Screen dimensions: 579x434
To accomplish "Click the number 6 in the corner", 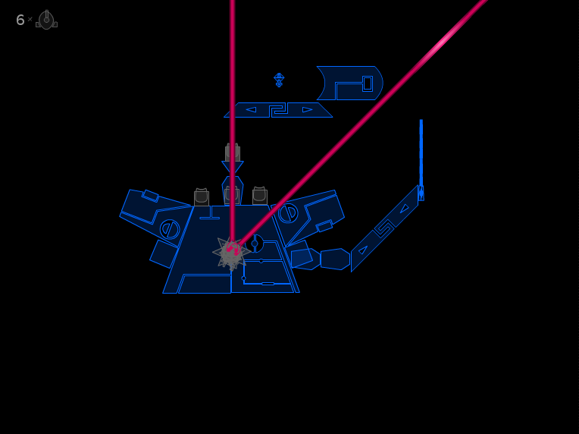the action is point(20,20).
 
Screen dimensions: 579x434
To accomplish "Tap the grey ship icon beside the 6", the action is point(46,20).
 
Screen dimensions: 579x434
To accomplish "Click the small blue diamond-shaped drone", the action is point(279,80).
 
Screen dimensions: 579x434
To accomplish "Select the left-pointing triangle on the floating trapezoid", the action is point(251,109).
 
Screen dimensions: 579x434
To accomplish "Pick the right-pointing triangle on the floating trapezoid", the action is point(307,109).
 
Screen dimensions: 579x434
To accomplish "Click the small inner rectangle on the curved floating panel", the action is point(368,83).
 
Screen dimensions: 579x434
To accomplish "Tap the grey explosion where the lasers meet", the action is point(232,253).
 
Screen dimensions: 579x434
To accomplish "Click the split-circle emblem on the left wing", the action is point(170,229).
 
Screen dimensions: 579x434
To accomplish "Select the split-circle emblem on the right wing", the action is point(288,213).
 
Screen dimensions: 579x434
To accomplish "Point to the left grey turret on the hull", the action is point(202,197).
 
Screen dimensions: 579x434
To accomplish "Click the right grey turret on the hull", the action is point(260,196).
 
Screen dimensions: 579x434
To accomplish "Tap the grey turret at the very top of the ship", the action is point(233,153).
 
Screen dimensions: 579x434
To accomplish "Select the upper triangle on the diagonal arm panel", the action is point(404,209).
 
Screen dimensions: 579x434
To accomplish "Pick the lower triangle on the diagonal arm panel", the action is point(362,250).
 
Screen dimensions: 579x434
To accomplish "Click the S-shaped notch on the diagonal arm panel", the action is point(384,228).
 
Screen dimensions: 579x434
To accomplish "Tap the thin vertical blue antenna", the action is point(421,160).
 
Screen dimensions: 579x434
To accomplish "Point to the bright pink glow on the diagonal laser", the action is point(443,42).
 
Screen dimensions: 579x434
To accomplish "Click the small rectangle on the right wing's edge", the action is point(324,225).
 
